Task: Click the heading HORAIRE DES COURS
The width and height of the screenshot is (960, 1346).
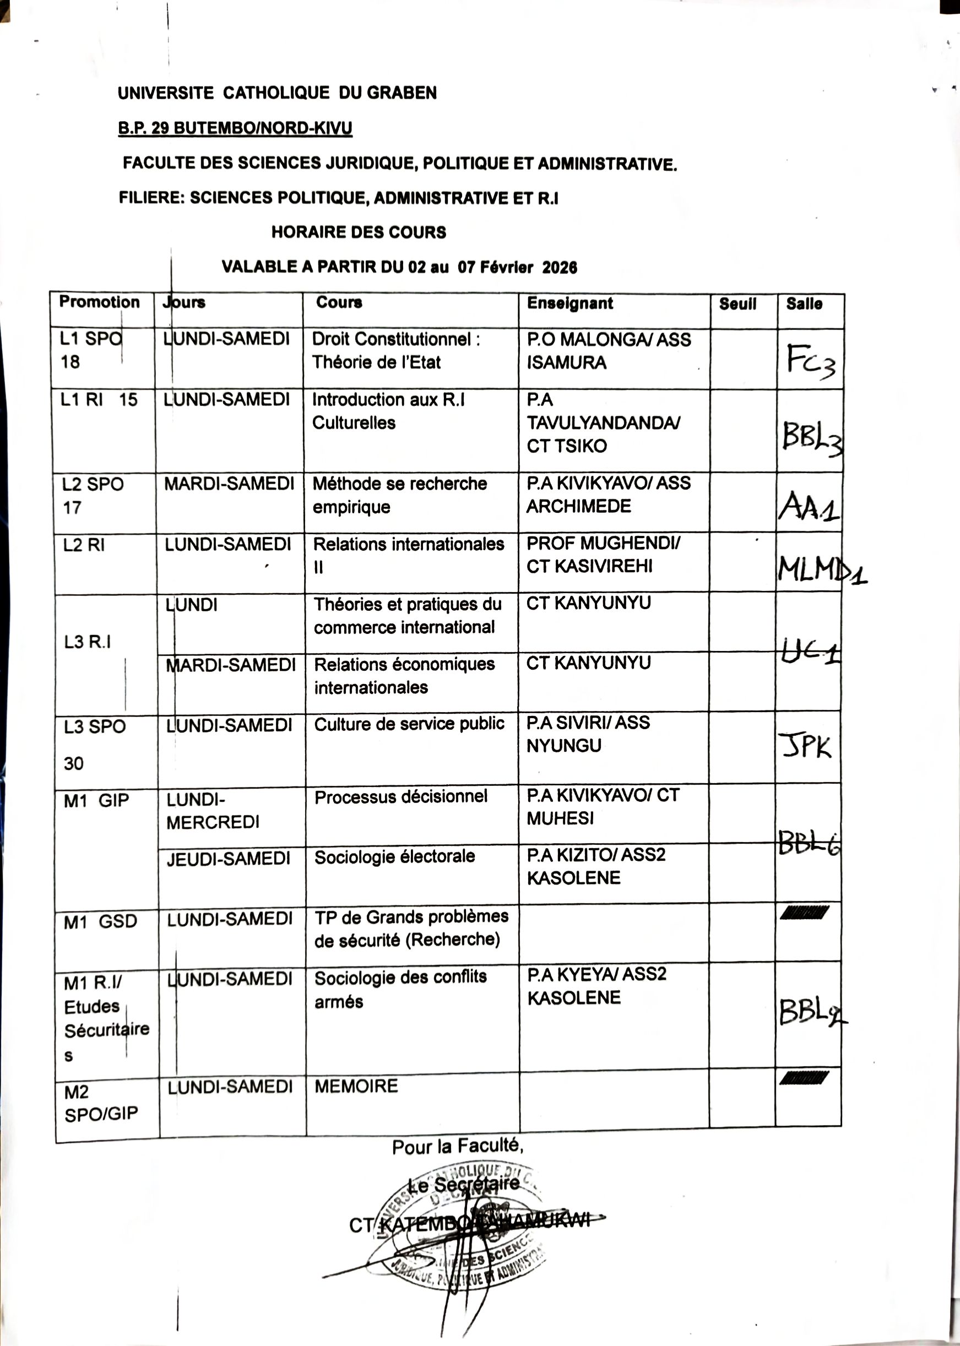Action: [358, 232]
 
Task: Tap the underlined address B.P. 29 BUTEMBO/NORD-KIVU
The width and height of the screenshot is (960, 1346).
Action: [235, 128]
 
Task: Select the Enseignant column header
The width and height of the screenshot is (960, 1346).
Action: [570, 303]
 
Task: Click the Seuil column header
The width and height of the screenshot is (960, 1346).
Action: [737, 304]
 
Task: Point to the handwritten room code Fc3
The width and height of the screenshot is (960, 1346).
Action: [810, 360]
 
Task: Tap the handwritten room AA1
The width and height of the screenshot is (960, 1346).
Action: [808, 507]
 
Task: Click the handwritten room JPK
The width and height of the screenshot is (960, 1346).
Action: [805, 746]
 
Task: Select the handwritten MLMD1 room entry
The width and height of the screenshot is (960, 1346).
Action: [821, 570]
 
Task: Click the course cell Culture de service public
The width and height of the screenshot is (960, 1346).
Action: [409, 724]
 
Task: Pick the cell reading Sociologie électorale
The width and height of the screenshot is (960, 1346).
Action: [394, 856]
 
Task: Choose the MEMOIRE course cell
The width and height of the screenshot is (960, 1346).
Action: [356, 1086]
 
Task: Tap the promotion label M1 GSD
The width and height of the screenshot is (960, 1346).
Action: [100, 921]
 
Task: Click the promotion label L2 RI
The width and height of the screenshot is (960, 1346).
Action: [84, 545]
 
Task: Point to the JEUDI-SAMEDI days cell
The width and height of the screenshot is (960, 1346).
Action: [228, 858]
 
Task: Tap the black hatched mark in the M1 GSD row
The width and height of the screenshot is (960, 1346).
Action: [804, 913]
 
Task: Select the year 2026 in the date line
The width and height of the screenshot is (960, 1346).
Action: [559, 267]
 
